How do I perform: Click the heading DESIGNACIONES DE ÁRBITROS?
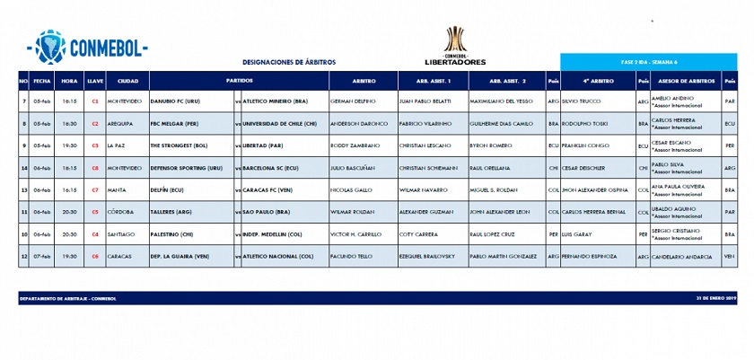[289, 62]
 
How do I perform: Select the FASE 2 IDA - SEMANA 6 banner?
[648, 62]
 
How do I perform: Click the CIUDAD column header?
[127, 81]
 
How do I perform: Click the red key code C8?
[94, 167]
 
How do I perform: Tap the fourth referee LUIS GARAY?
[578, 234]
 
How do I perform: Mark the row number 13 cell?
[23, 189]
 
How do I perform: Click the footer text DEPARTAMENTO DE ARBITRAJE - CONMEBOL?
[68, 298]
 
